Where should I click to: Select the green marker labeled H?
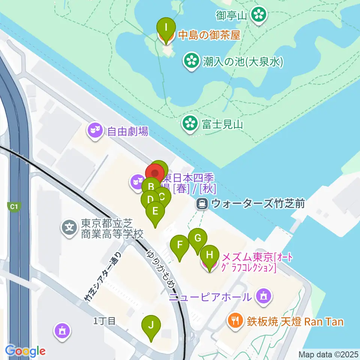pyautogui.click(x=209, y=255)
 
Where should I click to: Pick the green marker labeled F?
pyautogui.click(x=180, y=246)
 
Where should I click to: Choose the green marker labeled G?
pyautogui.click(x=197, y=238)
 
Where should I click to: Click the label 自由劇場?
pyautogui.click(x=128, y=131)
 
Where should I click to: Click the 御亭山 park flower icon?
pyautogui.click(x=258, y=15)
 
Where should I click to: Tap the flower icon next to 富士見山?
pyautogui.click(x=190, y=123)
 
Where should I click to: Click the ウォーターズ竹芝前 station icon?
pyautogui.click(x=202, y=204)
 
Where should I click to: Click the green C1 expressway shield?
pyautogui.click(x=14, y=207)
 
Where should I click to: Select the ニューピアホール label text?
pyautogui.click(x=210, y=297)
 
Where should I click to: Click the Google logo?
pyautogui.click(x=25, y=351)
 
